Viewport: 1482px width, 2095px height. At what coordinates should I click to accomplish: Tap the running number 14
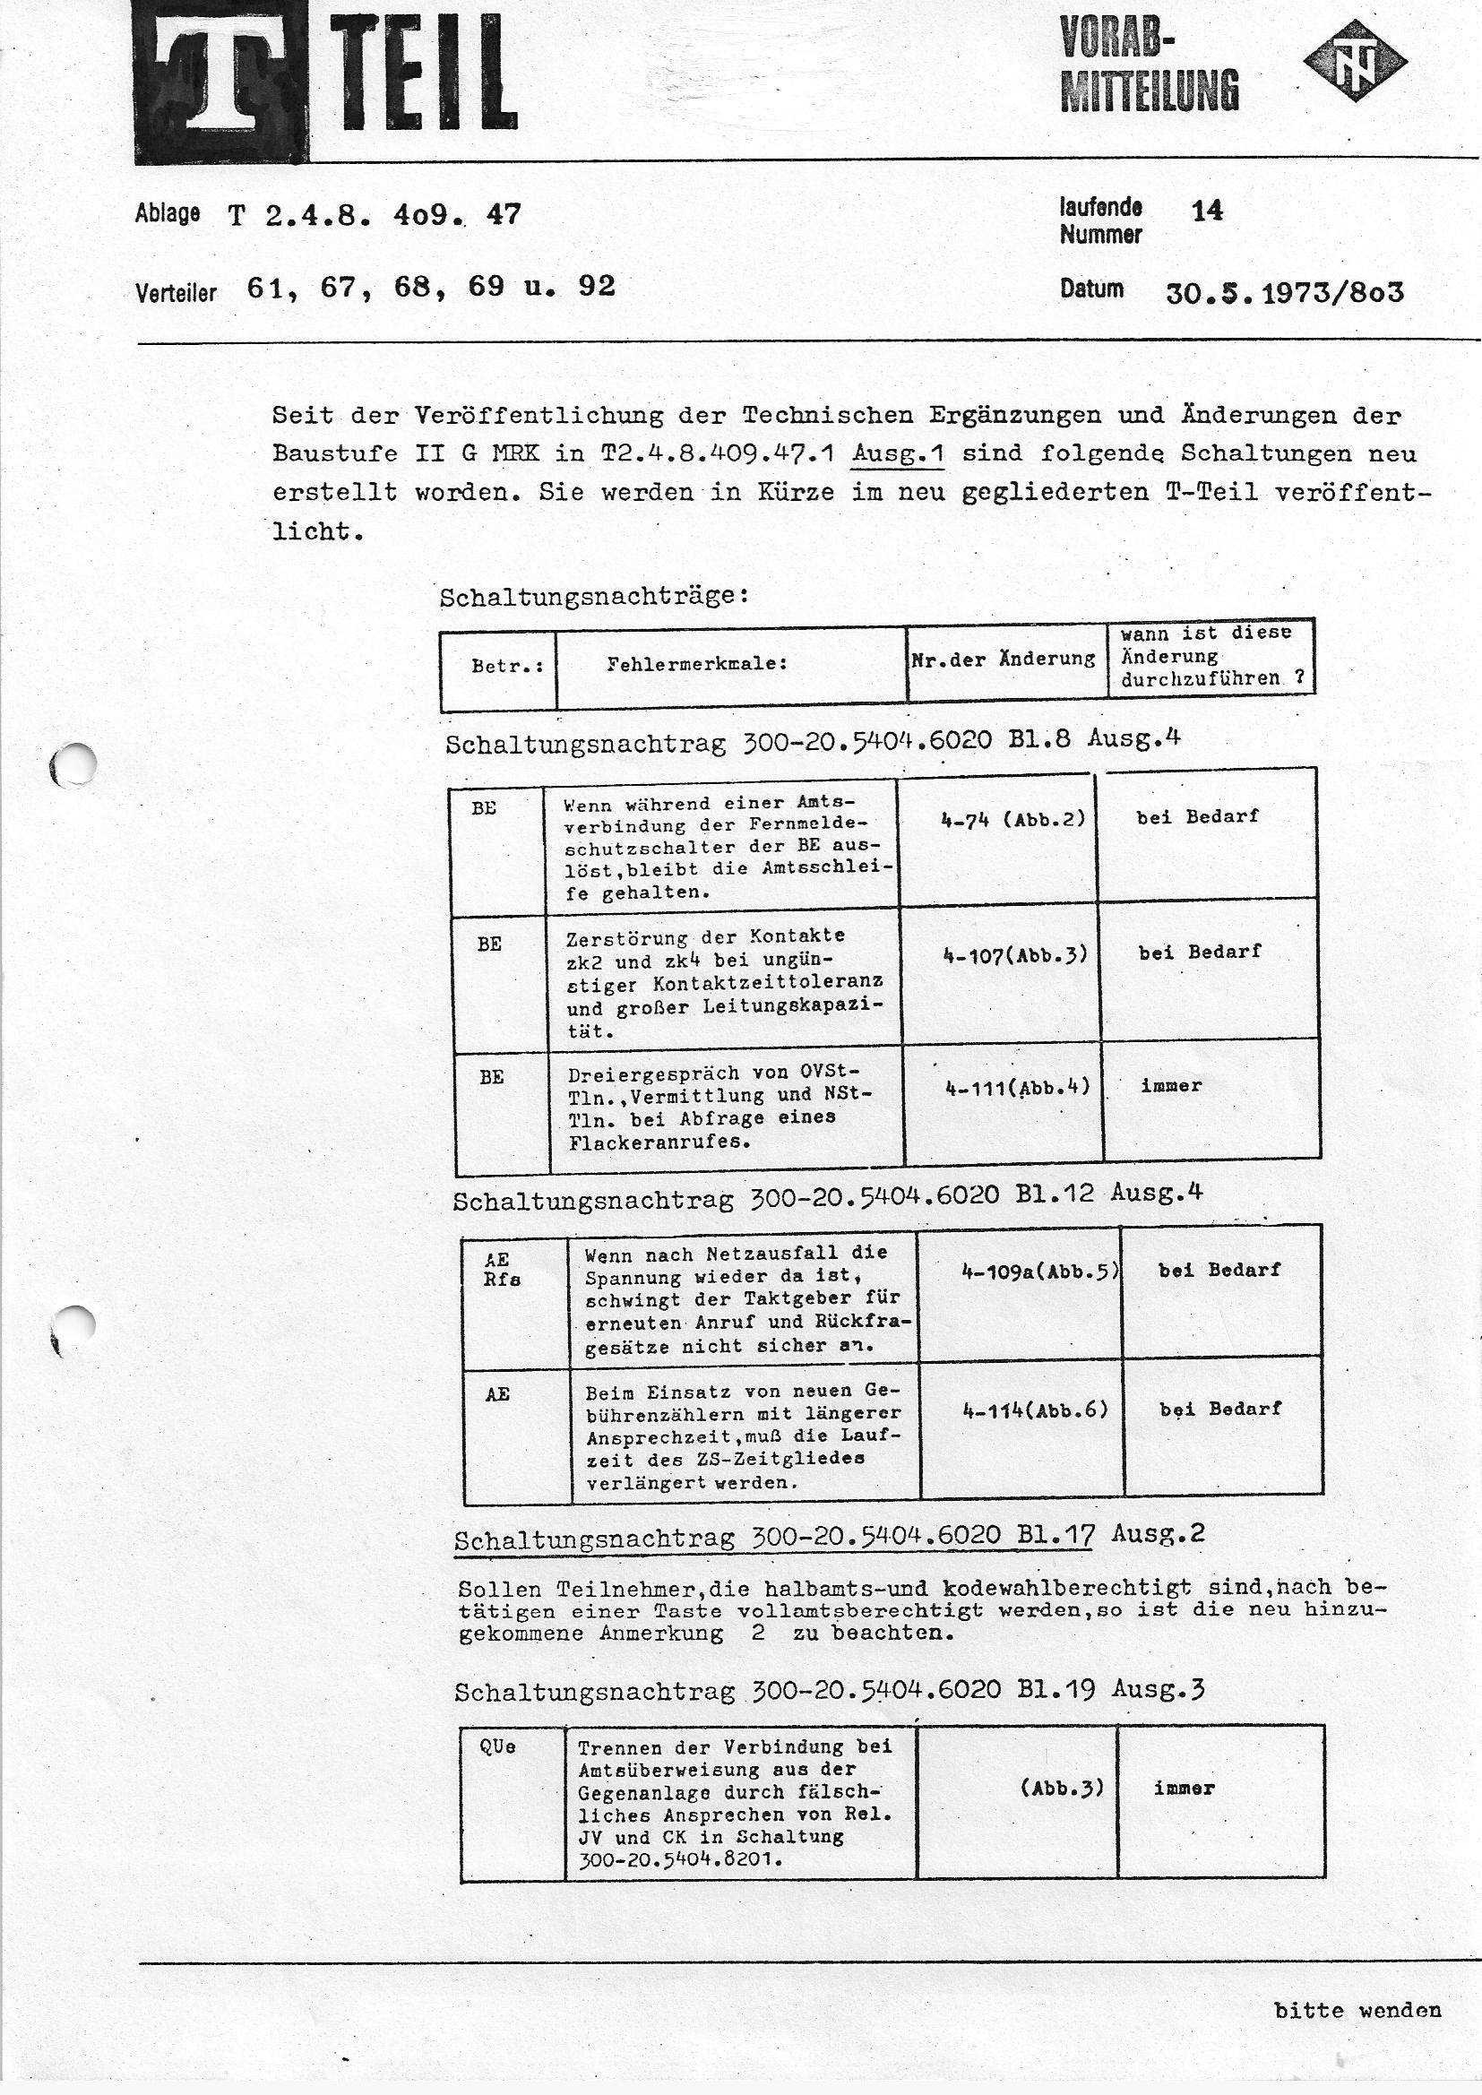pos(1206,211)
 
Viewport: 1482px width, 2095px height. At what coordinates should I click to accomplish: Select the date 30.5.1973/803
pos(1284,293)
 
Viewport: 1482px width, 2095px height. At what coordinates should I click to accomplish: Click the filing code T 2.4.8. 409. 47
pos(375,215)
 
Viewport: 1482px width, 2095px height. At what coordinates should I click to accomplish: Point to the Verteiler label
pos(176,293)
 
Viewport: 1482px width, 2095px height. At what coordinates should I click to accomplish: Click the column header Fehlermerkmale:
pos(696,664)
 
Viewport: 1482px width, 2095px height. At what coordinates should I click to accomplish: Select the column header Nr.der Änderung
pos(1003,659)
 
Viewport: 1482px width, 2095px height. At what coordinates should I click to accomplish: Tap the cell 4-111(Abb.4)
pos(1018,1087)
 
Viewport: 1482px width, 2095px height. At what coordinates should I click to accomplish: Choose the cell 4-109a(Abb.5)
pos(1039,1270)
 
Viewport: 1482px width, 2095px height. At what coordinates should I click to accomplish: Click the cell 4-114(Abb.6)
pos(1035,1410)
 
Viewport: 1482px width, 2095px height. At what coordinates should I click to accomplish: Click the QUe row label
pos(497,1746)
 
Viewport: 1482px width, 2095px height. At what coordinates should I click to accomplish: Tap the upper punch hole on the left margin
pos(75,764)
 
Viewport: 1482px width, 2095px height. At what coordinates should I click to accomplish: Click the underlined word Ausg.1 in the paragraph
pos(896,453)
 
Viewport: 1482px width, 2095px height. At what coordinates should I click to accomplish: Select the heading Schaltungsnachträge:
pos(594,597)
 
